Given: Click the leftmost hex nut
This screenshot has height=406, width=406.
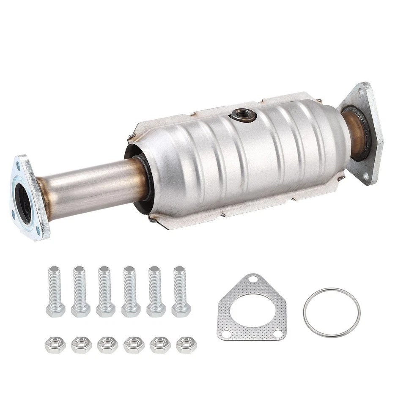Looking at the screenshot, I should click(x=55, y=345).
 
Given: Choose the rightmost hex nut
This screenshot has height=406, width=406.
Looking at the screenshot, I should click(x=186, y=345).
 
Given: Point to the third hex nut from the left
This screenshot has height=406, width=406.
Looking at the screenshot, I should click(x=107, y=345).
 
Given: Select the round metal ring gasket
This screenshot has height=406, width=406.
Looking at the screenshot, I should click(x=332, y=313).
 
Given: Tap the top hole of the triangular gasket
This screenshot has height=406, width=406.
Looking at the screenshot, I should click(x=252, y=279).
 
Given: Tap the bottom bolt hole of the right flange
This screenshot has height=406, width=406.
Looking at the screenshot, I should click(x=365, y=175).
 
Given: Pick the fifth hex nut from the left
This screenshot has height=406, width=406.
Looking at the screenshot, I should click(x=160, y=345).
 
